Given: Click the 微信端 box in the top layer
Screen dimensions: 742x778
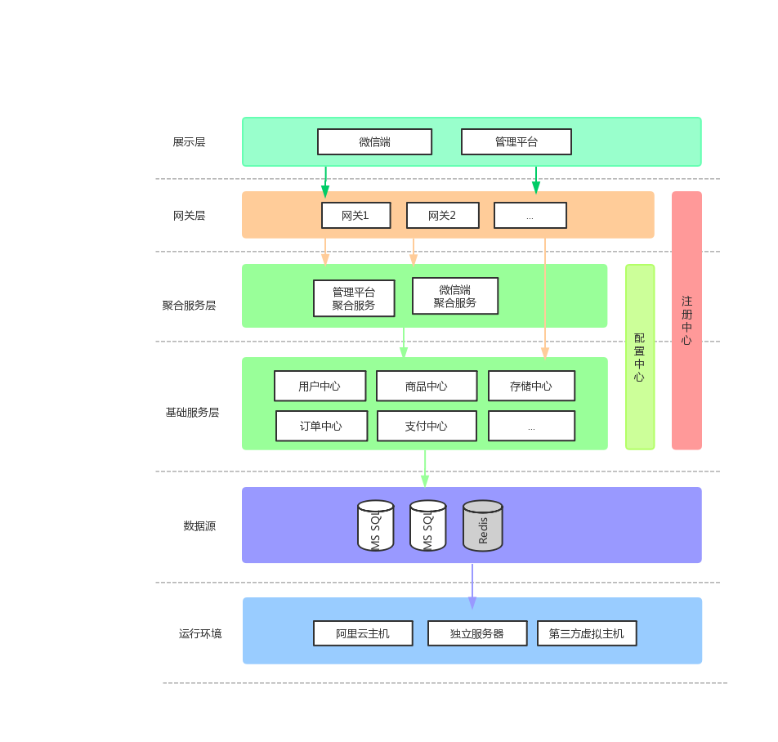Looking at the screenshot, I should [374, 141].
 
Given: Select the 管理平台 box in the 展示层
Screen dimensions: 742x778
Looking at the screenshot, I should [516, 141].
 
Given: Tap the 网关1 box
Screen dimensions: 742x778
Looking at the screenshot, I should [355, 216].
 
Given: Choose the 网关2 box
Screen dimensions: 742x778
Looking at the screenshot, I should [442, 216].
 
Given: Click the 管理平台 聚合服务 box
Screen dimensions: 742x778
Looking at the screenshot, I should [354, 298].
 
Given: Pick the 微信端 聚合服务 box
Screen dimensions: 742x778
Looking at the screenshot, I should [454, 296].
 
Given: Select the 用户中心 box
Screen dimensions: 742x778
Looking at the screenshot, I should [320, 386].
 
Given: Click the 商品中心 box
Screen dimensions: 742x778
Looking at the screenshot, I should [426, 386].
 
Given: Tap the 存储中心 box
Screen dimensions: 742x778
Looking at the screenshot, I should [531, 386].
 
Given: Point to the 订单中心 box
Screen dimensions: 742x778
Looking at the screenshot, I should [321, 426].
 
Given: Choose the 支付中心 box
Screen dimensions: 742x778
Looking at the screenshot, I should [427, 426].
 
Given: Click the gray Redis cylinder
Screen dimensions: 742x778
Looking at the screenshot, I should [483, 525].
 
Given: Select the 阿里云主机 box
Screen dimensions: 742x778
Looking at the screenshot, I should [363, 633].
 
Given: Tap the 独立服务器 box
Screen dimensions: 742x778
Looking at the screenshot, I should [477, 633].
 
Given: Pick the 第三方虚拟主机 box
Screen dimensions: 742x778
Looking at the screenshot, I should [587, 633].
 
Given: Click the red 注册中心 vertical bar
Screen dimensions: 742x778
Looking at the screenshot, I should [686, 320].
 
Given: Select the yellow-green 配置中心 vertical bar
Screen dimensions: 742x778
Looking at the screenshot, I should [640, 356].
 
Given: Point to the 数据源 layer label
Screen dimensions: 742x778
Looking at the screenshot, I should [199, 525].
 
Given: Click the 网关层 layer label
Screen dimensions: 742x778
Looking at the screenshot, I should [189, 216].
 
